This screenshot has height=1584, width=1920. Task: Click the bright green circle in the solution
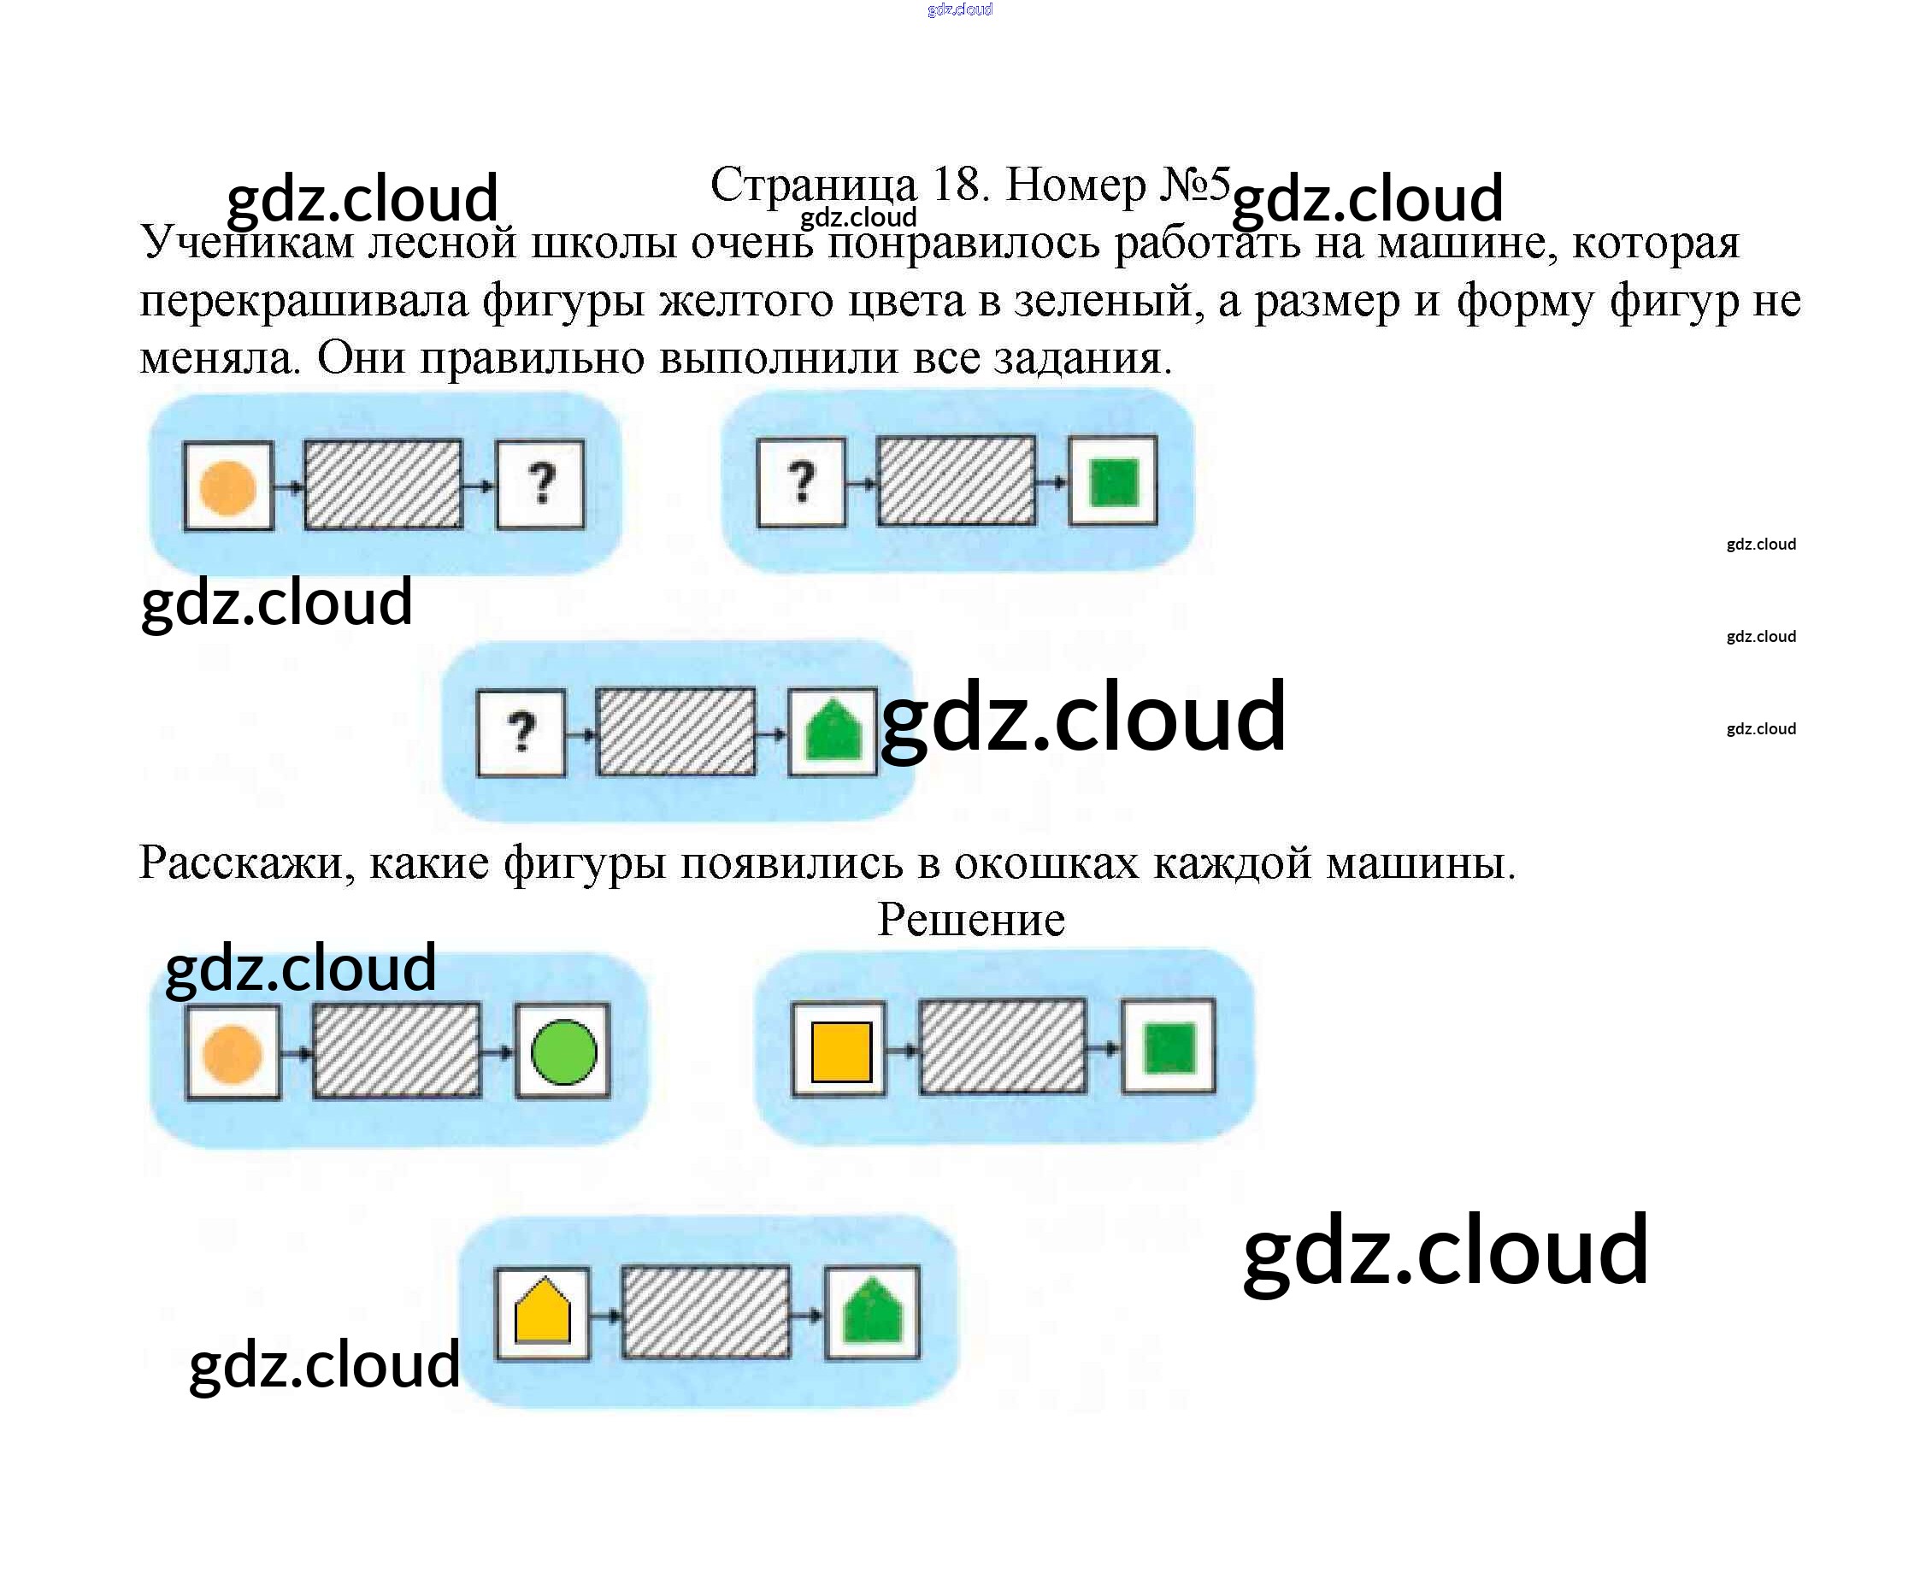tap(563, 1051)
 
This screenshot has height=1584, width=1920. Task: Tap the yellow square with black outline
tap(840, 1051)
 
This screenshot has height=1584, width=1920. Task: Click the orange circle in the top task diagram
tap(227, 487)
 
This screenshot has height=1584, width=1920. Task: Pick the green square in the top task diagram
tap(1113, 482)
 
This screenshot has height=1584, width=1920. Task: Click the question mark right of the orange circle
tap(541, 484)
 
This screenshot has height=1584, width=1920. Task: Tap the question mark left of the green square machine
tap(801, 482)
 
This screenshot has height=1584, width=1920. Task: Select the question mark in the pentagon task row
tap(521, 732)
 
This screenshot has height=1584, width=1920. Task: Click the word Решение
tap(971, 920)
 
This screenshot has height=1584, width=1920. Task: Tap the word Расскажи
tap(246, 862)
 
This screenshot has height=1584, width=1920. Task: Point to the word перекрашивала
tap(303, 301)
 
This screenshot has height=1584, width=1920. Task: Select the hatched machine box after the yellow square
tap(1003, 1045)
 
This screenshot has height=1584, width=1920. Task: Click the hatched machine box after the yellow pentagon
tap(705, 1310)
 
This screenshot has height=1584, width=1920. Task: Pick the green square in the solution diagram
tap(1169, 1047)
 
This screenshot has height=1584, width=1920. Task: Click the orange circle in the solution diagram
tap(232, 1053)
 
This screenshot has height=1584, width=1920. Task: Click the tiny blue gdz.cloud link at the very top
tap(959, 10)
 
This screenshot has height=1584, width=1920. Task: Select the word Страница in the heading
tap(813, 185)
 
